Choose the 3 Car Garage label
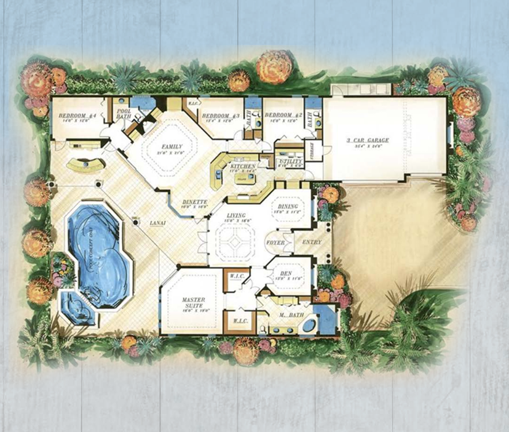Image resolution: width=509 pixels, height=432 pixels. pyautogui.click(x=368, y=141)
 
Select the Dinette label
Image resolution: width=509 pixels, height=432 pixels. pyautogui.click(x=194, y=202)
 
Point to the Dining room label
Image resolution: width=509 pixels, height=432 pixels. pyautogui.click(x=288, y=207)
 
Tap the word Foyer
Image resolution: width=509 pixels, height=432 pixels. pyautogui.click(x=275, y=242)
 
